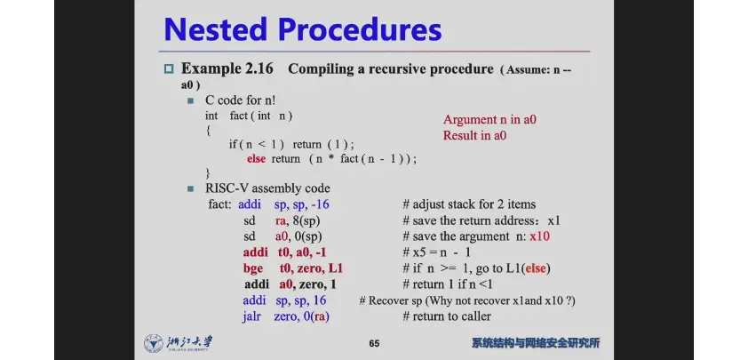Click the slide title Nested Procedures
tap(302, 29)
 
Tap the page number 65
tap(374, 343)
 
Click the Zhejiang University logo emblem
tap(153, 343)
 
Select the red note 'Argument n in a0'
tap(489, 119)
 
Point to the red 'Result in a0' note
tap(474, 135)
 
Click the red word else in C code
tap(256, 159)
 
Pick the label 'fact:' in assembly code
tap(220, 204)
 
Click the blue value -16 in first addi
tap(320, 204)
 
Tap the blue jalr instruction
tap(251, 316)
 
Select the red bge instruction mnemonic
tap(253, 268)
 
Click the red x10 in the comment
tap(539, 236)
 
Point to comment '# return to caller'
tap(447, 316)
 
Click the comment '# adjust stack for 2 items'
tap(469, 204)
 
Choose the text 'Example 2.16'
tap(227, 68)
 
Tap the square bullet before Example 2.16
tap(169, 68)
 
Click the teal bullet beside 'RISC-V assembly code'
tap(191, 188)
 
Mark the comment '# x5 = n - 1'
tap(436, 252)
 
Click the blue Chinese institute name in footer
tap(536, 343)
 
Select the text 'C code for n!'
tap(241, 100)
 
